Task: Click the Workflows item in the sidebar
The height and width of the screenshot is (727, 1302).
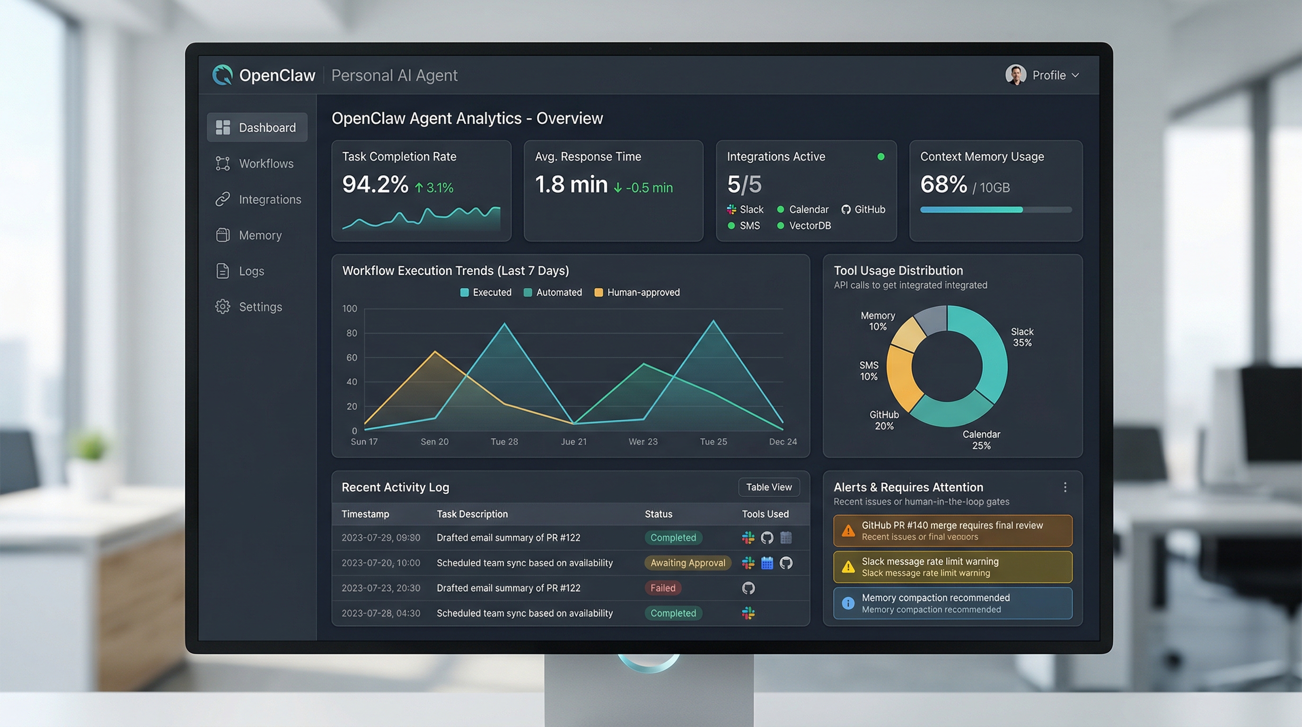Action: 265,164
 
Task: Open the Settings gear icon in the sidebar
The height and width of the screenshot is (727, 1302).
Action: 223,307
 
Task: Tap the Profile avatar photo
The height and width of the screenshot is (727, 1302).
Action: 1015,75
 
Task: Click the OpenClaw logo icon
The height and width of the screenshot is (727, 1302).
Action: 222,75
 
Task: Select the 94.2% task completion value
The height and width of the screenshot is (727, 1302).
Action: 375,185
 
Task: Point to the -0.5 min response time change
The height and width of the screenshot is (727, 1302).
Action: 649,188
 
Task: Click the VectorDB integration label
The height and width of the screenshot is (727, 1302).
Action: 809,226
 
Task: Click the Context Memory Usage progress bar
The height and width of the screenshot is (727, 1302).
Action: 995,210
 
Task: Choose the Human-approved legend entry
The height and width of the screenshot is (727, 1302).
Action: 643,293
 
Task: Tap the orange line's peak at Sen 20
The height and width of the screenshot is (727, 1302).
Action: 435,352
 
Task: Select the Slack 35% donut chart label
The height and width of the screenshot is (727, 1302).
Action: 1021,337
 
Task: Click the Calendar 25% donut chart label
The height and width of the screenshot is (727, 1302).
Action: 981,440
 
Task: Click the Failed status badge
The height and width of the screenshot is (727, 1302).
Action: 662,588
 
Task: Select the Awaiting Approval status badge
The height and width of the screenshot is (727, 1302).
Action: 687,563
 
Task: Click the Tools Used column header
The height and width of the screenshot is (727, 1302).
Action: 765,514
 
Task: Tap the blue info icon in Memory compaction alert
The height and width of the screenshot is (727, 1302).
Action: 848,603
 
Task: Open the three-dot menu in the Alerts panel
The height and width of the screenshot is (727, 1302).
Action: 1065,488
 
